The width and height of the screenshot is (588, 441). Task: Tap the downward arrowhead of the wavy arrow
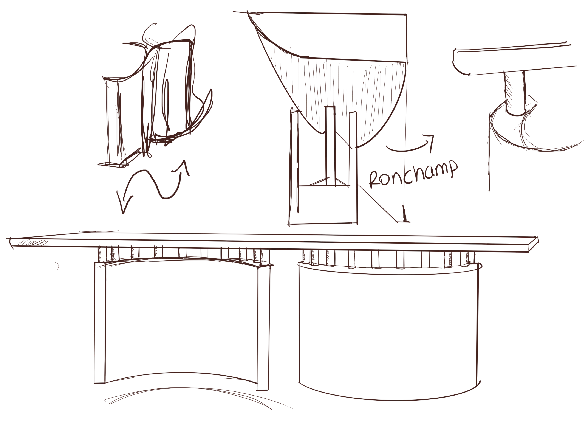[x=123, y=210]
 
